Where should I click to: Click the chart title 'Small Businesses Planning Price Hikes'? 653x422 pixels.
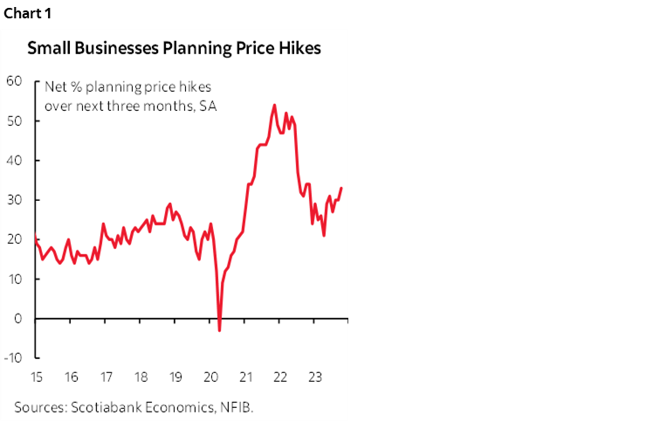(174, 48)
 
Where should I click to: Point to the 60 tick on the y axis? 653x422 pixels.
(14, 81)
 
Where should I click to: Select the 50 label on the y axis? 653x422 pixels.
(14, 121)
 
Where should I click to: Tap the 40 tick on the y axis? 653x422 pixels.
(14, 161)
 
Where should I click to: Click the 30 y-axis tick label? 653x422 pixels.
(14, 200)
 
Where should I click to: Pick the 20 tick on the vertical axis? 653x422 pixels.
(14, 239)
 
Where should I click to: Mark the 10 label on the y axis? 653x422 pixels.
(14, 280)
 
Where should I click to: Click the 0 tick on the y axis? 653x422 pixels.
(17, 319)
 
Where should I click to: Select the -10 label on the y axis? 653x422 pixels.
(11, 358)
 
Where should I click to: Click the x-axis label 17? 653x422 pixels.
(105, 377)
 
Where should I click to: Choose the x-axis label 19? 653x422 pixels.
(175, 377)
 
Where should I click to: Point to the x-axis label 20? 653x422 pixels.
(210, 377)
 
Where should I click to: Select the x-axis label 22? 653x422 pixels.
(281, 377)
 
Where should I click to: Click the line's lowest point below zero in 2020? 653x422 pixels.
(220, 330)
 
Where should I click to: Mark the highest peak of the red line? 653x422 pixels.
(275, 105)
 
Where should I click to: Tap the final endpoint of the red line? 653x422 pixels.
(341, 188)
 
